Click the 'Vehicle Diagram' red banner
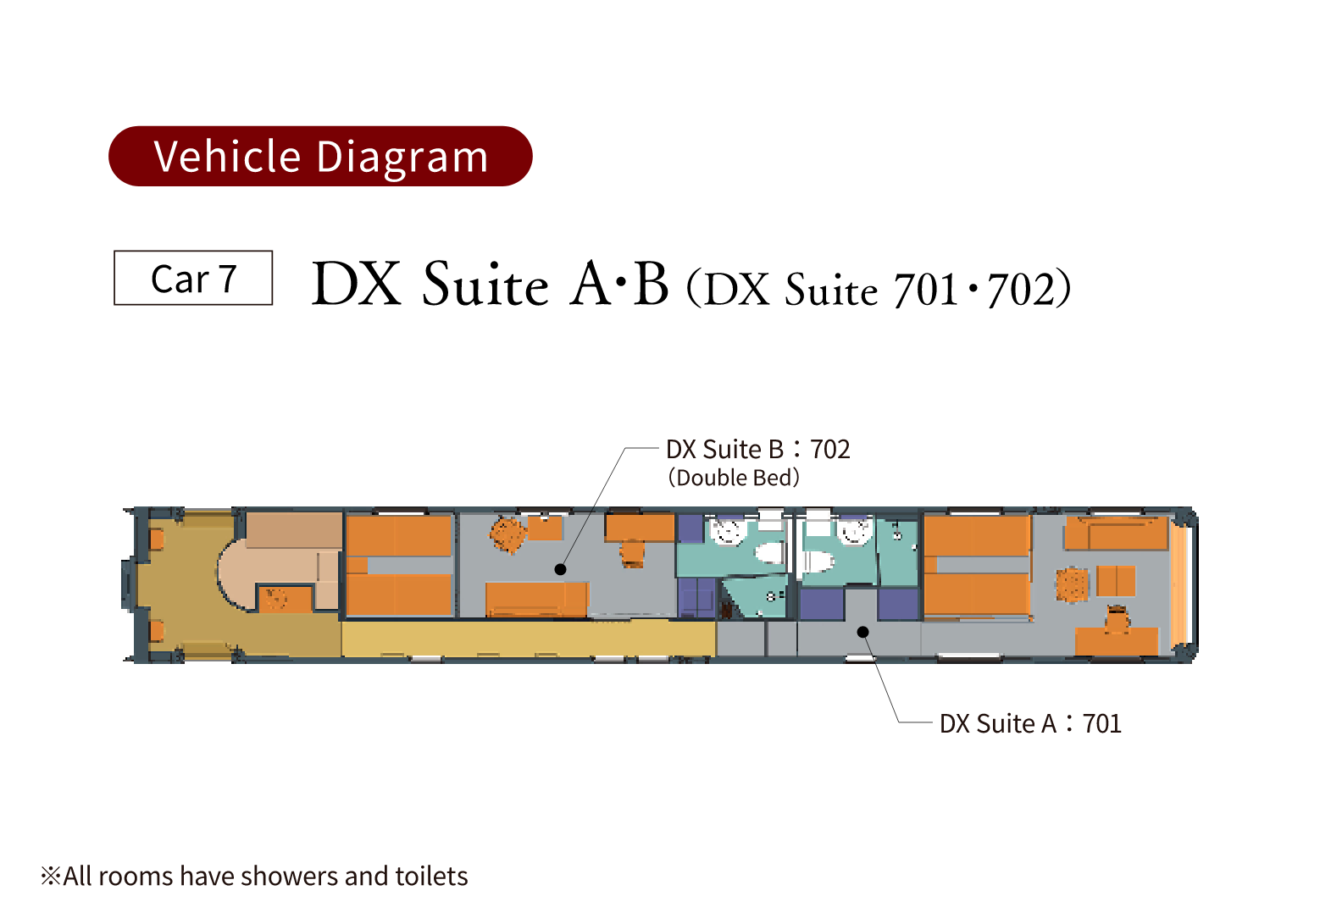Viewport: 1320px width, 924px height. [x=320, y=156]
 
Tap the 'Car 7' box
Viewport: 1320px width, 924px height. [x=193, y=278]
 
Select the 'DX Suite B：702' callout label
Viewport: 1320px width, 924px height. [x=757, y=450]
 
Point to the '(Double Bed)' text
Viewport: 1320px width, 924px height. [x=734, y=478]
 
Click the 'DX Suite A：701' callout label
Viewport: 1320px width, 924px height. [x=1030, y=724]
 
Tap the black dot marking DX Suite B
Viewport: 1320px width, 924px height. [x=560, y=569]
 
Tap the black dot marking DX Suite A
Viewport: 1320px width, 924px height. [x=862, y=632]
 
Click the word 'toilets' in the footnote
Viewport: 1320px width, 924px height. [x=431, y=877]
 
